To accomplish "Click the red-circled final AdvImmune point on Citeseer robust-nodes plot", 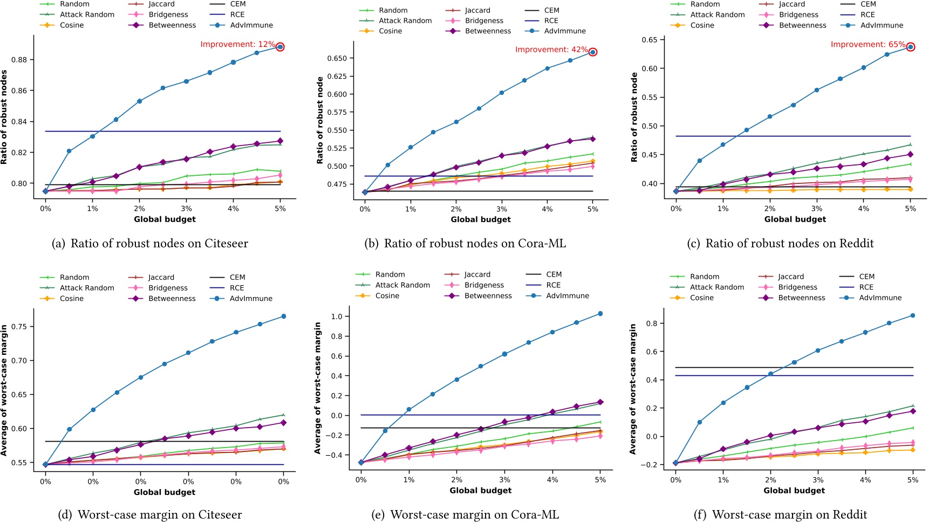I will click(280, 47).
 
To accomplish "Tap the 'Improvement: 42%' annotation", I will click(551, 50).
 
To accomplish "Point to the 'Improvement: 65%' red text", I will click(867, 44).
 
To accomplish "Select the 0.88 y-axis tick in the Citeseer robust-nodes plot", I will click(19, 60).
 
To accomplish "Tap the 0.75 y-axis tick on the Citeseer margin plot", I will click(19, 327).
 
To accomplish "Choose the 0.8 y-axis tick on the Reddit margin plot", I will click(654, 324).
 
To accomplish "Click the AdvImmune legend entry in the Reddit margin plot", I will click(880, 298).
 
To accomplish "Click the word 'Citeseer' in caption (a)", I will click(226, 244).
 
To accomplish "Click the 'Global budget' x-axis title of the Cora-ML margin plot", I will click(480, 491).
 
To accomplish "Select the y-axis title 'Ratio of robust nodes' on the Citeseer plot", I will click(4, 117).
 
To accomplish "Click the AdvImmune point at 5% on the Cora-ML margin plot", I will click(600, 314).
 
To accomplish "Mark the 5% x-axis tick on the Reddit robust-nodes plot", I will click(911, 209).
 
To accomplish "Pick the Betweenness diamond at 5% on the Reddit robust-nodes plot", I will click(911, 155).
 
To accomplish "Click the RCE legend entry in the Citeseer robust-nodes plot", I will click(237, 15).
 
